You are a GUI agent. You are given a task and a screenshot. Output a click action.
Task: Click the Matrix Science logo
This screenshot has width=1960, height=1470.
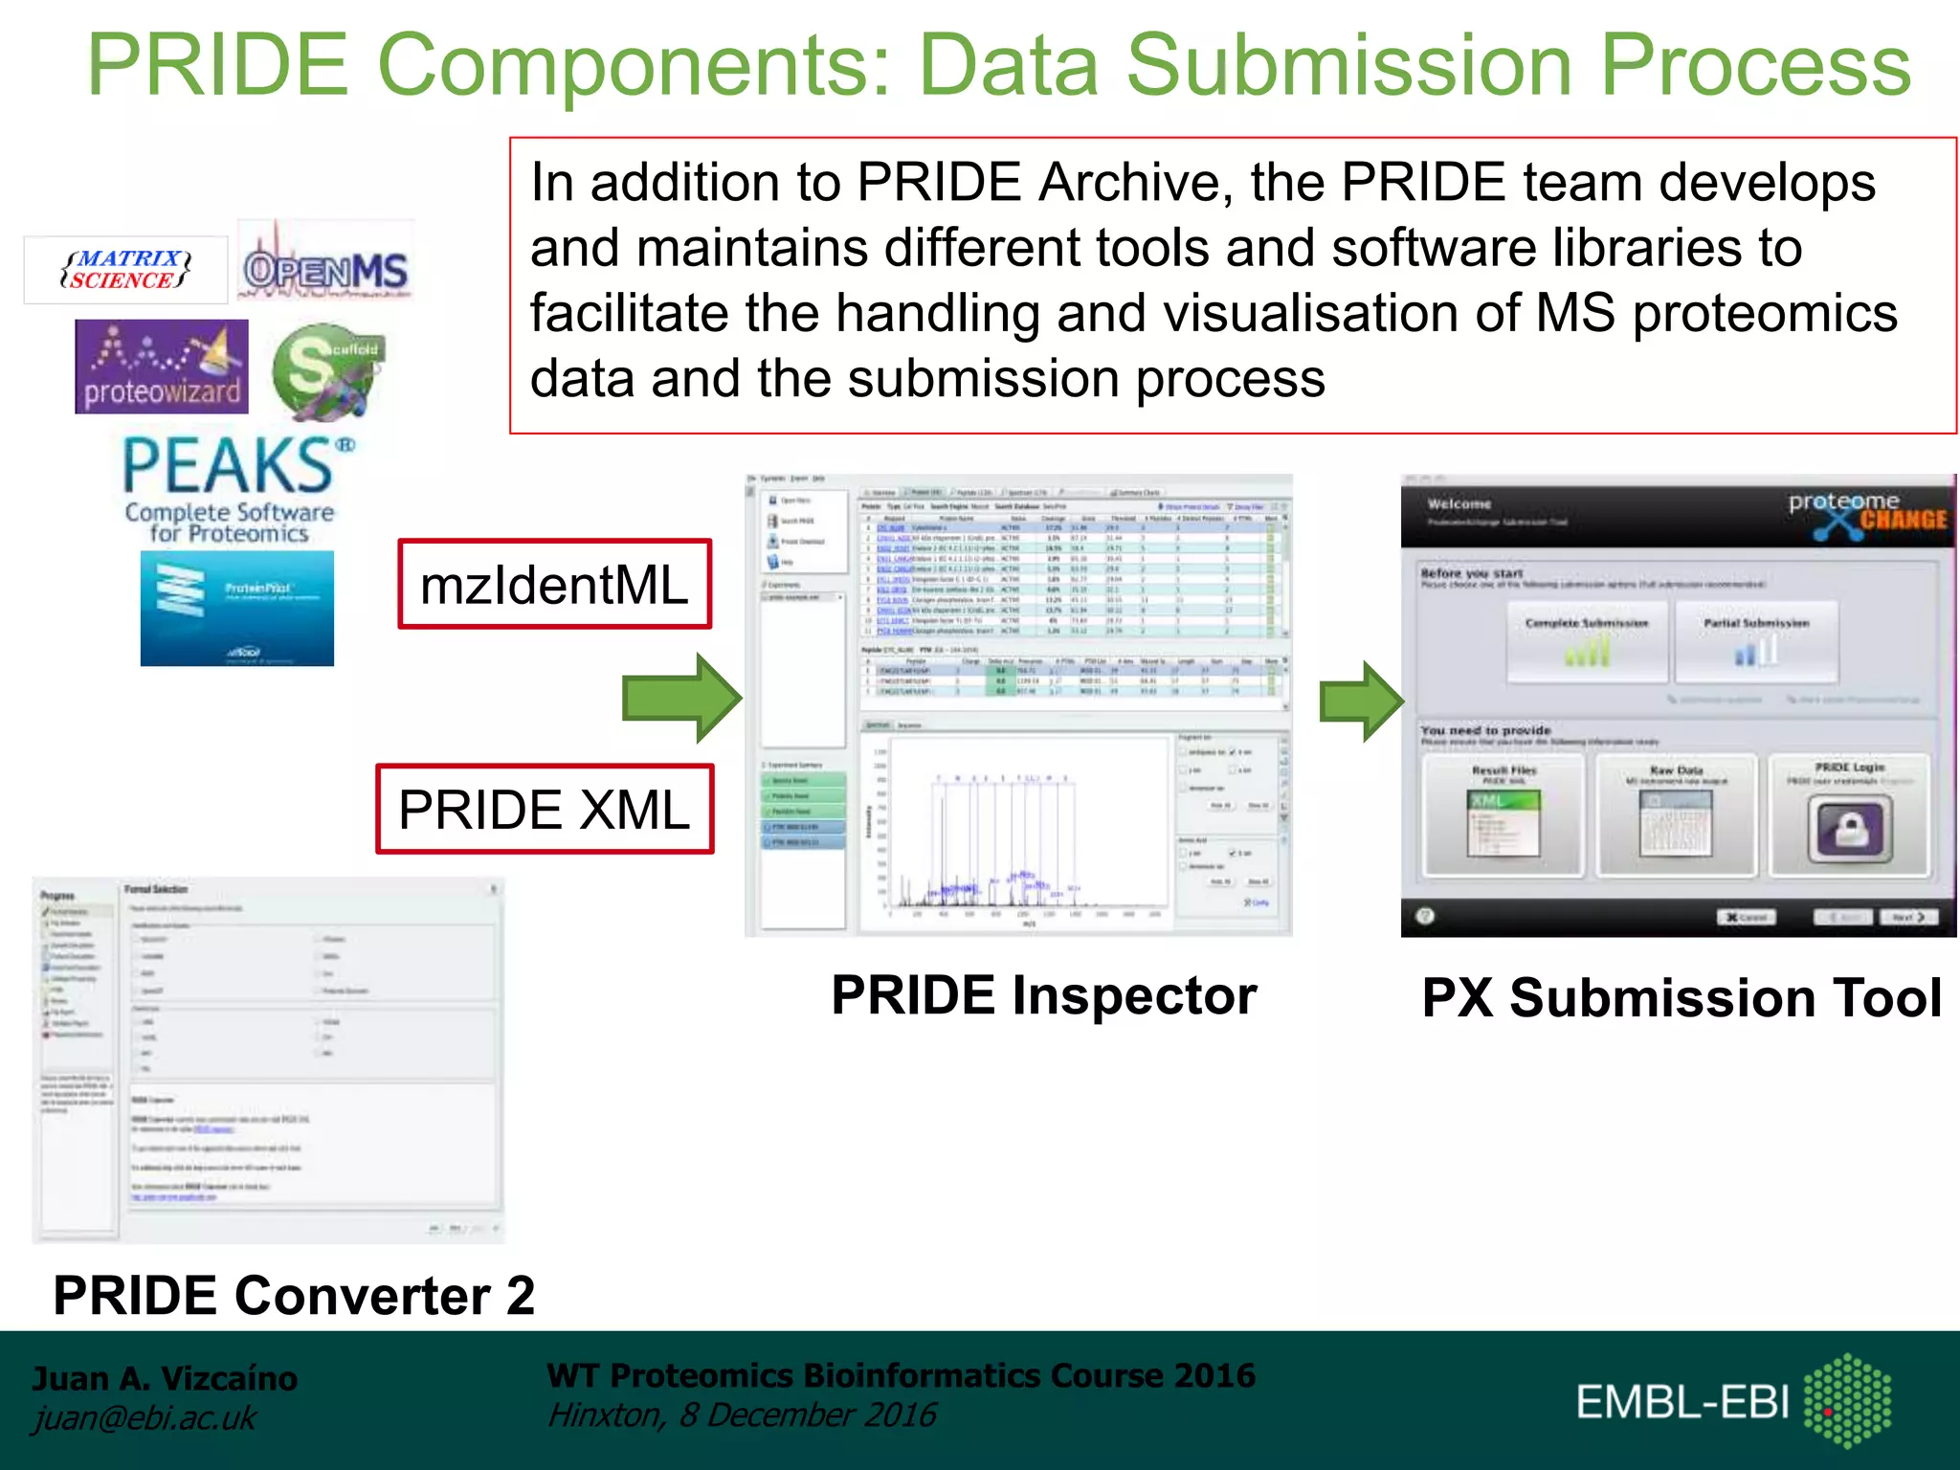[125, 270]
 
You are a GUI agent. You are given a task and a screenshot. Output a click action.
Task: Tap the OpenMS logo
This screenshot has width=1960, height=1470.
[325, 267]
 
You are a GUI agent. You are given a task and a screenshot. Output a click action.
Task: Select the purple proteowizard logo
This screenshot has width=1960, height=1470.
[162, 367]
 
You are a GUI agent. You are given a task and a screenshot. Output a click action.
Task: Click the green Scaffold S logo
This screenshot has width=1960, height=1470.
[325, 371]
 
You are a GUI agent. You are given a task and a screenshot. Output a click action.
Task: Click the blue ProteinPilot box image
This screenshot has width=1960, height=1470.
[237, 609]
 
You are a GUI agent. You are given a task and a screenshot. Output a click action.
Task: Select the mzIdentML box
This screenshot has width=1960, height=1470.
[555, 585]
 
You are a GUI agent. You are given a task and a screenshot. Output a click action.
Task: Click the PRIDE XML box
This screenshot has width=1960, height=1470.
[545, 810]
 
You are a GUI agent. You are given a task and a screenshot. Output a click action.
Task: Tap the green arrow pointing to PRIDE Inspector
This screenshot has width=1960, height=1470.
[681, 699]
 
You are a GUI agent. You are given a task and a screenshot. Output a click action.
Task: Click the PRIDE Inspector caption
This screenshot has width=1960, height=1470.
[1043, 995]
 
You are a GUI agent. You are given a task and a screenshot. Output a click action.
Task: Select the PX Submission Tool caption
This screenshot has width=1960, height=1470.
[1682, 998]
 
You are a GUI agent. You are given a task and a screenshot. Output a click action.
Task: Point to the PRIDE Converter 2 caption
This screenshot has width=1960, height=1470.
[294, 1296]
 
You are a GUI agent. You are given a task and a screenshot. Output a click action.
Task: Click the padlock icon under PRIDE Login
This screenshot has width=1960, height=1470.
[1849, 829]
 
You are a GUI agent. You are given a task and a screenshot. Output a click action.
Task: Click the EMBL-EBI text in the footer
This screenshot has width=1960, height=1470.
[1682, 1403]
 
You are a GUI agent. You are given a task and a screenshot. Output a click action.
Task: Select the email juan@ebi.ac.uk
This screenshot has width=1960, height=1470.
[145, 1417]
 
